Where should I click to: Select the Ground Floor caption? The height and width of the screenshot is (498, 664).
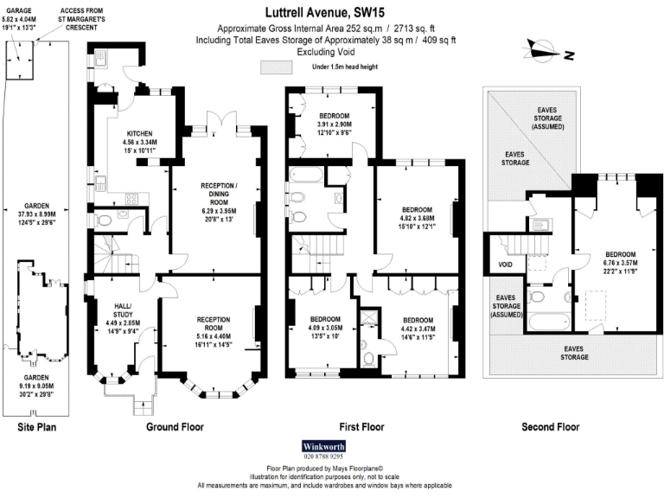[174, 427]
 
